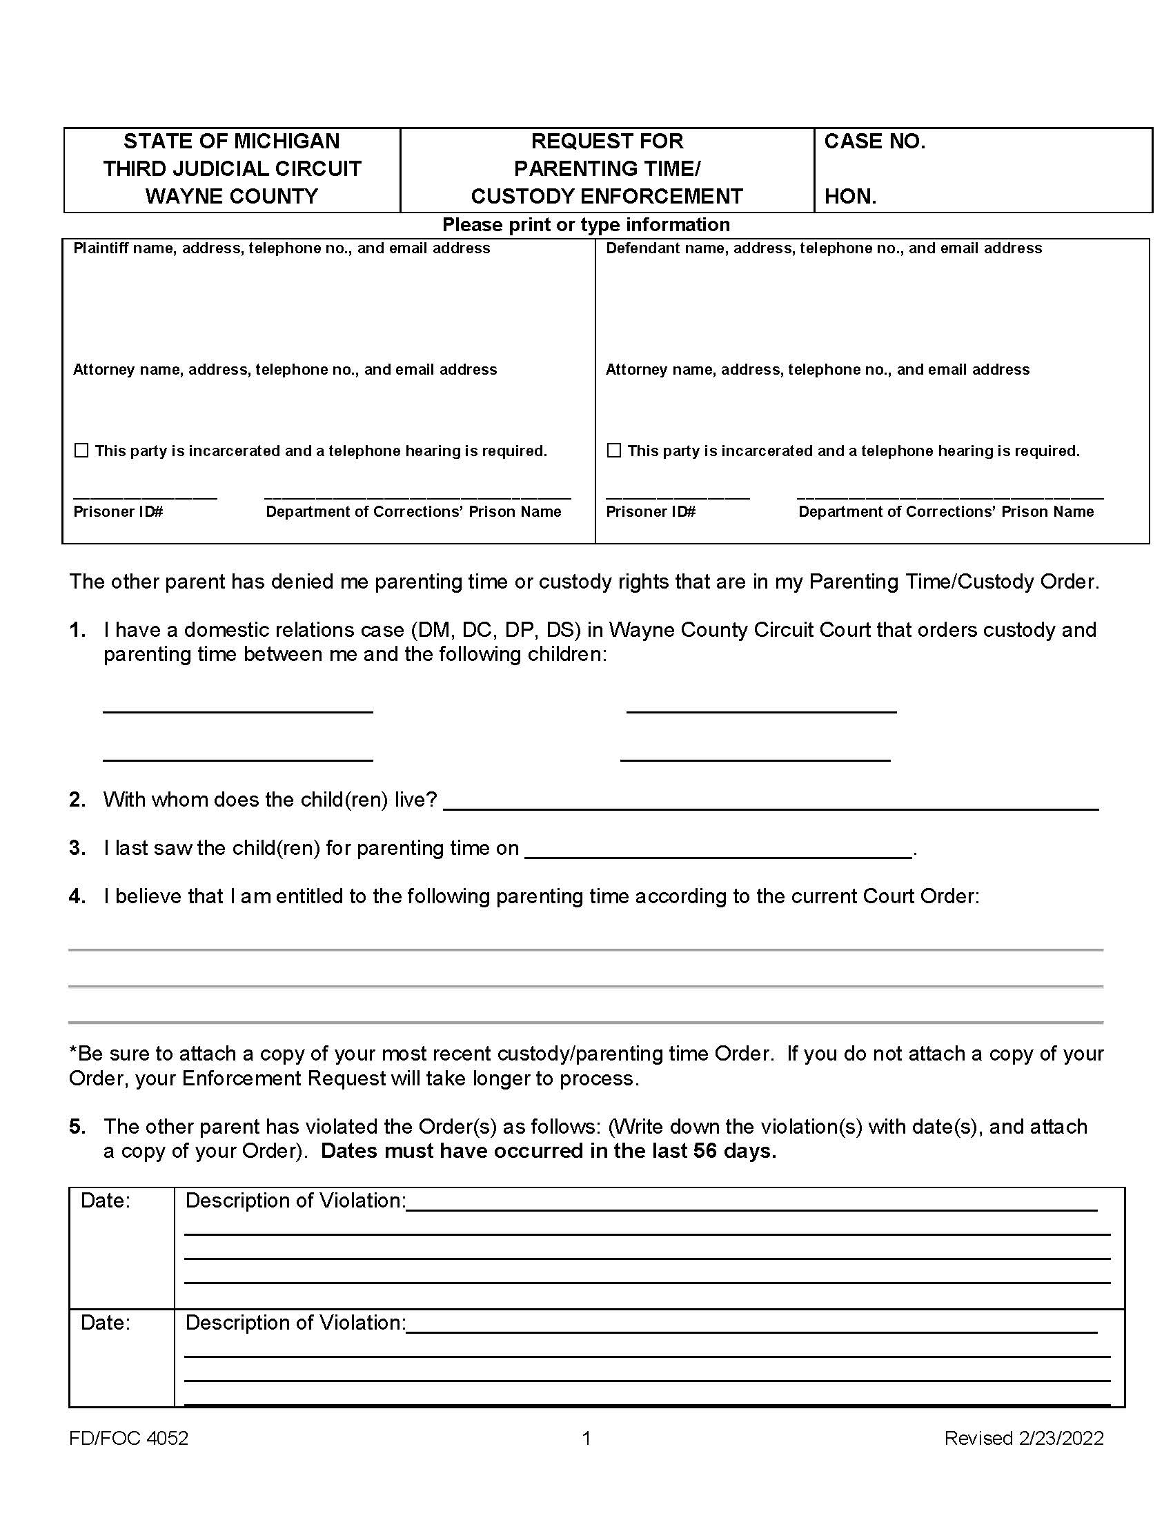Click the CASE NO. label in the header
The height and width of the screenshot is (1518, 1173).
[x=874, y=141]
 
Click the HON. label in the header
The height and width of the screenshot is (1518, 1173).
[x=850, y=197]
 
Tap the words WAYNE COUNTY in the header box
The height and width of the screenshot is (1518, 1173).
[x=231, y=197]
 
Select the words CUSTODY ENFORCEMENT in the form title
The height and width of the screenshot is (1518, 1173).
[x=607, y=197]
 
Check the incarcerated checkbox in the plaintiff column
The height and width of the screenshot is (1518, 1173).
[x=81, y=451]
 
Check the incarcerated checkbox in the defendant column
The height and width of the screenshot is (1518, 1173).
[x=613, y=451]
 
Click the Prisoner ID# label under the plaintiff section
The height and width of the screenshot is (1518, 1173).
[x=118, y=512]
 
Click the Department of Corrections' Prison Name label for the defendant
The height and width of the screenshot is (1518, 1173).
[x=946, y=512]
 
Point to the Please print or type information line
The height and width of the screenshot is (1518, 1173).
[x=586, y=225]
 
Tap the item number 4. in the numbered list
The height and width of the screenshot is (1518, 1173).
[x=77, y=896]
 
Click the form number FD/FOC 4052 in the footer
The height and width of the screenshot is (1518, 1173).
[x=128, y=1438]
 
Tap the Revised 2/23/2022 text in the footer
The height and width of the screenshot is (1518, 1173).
[x=1023, y=1438]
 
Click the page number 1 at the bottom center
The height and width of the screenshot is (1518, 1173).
[x=586, y=1438]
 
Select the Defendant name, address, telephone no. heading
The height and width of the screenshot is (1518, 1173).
[x=823, y=249]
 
